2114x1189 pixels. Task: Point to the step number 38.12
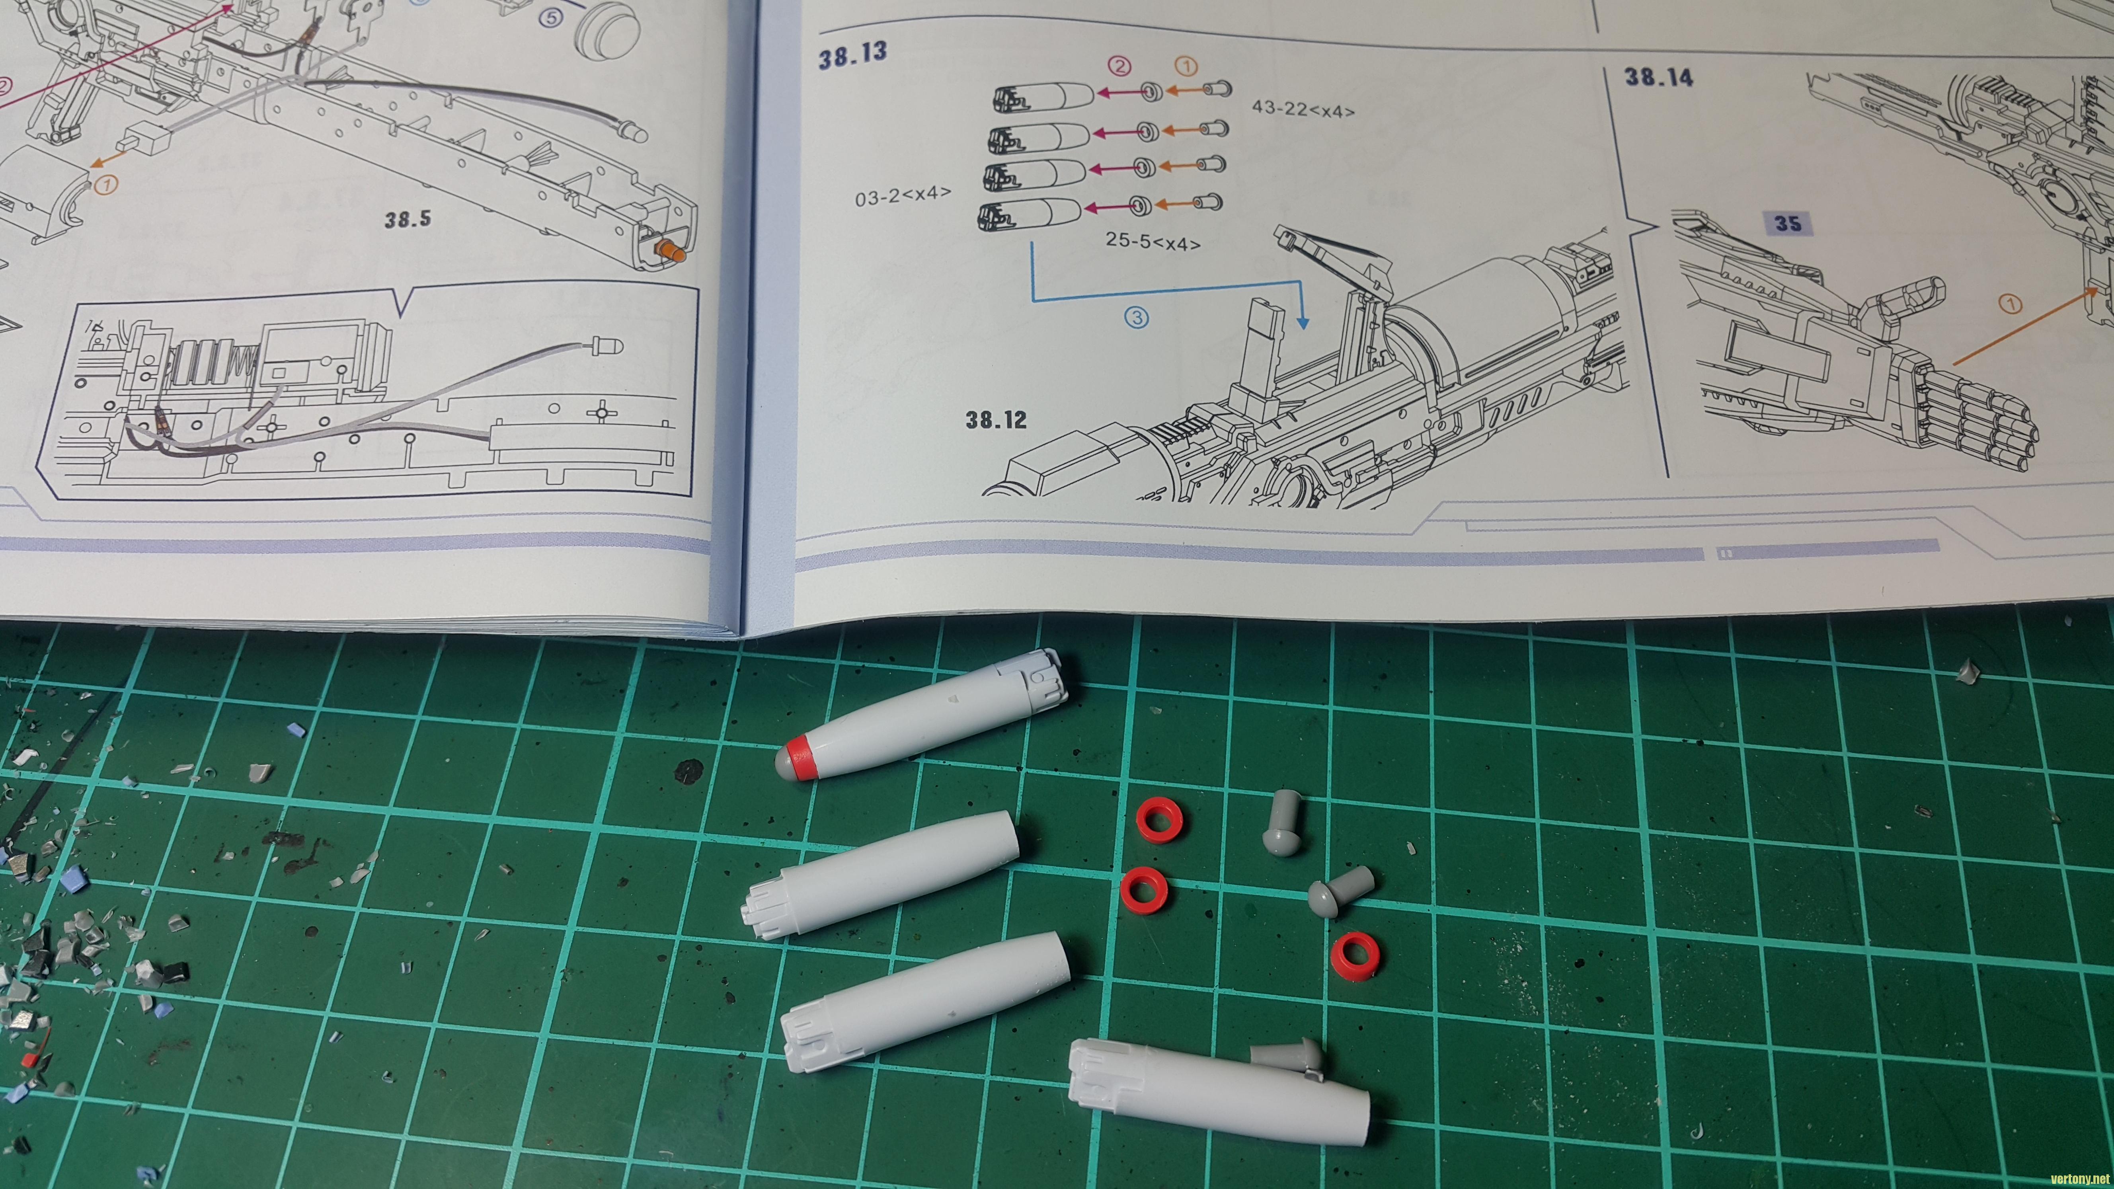pos(995,420)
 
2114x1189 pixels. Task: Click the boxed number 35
pos(1787,223)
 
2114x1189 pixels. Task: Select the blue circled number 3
pos(1136,318)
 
